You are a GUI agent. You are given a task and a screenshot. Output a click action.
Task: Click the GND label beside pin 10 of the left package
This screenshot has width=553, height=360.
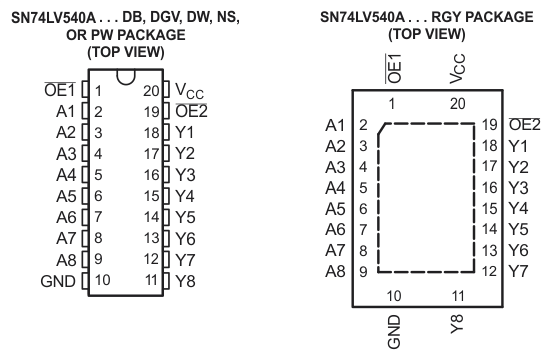[x=57, y=280]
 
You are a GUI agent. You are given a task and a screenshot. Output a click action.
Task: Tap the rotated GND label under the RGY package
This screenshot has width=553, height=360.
[x=395, y=330]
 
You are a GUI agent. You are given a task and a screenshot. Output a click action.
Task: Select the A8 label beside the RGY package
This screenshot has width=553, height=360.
[x=335, y=271]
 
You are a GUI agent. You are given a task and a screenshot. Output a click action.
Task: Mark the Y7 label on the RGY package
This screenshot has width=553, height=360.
[x=518, y=271]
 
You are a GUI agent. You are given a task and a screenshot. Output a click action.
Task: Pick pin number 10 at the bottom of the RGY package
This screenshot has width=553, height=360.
[x=395, y=295]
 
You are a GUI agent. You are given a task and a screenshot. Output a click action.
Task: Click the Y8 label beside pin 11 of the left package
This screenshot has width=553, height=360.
[x=184, y=280]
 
